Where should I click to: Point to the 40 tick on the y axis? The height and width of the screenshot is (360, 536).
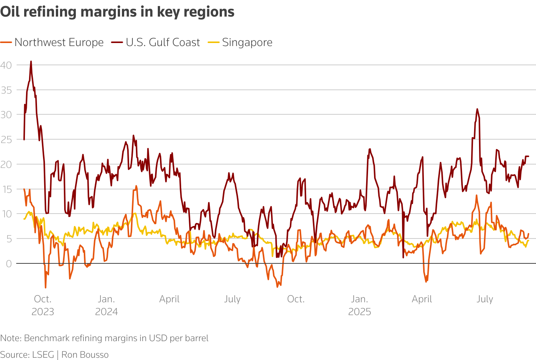click(6, 65)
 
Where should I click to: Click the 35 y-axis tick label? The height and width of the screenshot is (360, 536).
click(6, 90)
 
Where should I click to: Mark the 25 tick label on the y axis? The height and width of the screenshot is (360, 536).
click(6, 140)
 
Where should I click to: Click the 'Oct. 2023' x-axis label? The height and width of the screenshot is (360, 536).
click(43, 305)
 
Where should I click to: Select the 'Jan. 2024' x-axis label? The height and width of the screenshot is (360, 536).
click(106, 305)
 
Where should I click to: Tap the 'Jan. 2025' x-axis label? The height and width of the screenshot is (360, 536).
click(359, 305)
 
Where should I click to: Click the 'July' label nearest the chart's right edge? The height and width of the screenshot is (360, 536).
click(485, 299)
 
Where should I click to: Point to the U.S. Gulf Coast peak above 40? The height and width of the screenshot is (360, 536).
click(31, 61)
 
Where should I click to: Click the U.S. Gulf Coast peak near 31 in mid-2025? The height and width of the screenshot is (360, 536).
click(477, 109)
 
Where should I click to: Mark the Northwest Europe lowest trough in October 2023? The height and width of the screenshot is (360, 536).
click(46, 288)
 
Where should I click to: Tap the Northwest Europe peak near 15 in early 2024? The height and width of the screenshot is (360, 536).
click(136, 186)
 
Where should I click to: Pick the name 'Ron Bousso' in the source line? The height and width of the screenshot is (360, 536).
click(85, 355)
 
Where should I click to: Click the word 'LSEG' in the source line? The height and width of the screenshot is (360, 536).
click(43, 355)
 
